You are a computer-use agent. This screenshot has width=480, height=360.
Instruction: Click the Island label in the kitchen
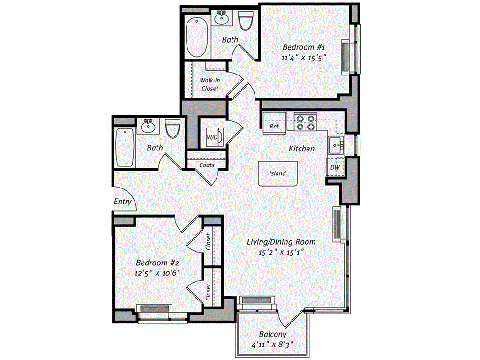point(277,173)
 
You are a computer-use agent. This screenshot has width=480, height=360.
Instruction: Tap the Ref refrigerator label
point(274,127)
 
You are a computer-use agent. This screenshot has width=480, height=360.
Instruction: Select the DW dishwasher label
point(335,167)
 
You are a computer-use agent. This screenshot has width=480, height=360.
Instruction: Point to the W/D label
point(212,137)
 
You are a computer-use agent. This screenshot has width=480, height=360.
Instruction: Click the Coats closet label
point(207,165)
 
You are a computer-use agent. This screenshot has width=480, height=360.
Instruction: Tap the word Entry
point(123,202)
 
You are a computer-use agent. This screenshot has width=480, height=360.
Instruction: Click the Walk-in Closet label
point(210,84)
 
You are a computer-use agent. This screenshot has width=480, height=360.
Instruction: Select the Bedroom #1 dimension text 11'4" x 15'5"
point(304,58)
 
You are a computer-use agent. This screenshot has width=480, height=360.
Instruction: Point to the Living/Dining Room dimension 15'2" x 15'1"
point(282,252)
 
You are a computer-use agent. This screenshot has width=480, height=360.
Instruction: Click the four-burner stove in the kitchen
point(305,122)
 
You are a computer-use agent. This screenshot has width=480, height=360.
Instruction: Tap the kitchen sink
point(335,145)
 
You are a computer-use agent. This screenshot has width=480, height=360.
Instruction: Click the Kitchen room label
point(301,149)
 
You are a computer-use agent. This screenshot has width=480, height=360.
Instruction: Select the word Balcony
point(272,334)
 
